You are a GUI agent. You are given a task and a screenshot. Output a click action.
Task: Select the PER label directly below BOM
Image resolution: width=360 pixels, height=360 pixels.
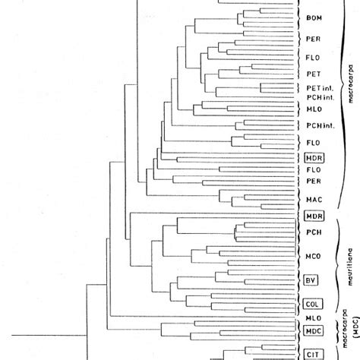pyautogui.click(x=312, y=38)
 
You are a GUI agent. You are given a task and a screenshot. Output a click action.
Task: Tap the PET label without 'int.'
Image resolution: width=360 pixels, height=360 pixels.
pyautogui.click(x=312, y=74)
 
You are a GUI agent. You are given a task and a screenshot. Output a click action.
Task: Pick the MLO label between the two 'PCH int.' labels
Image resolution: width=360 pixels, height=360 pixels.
pyautogui.click(x=312, y=110)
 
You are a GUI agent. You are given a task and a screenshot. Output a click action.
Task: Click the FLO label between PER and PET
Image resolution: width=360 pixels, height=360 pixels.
pyautogui.click(x=312, y=55)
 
